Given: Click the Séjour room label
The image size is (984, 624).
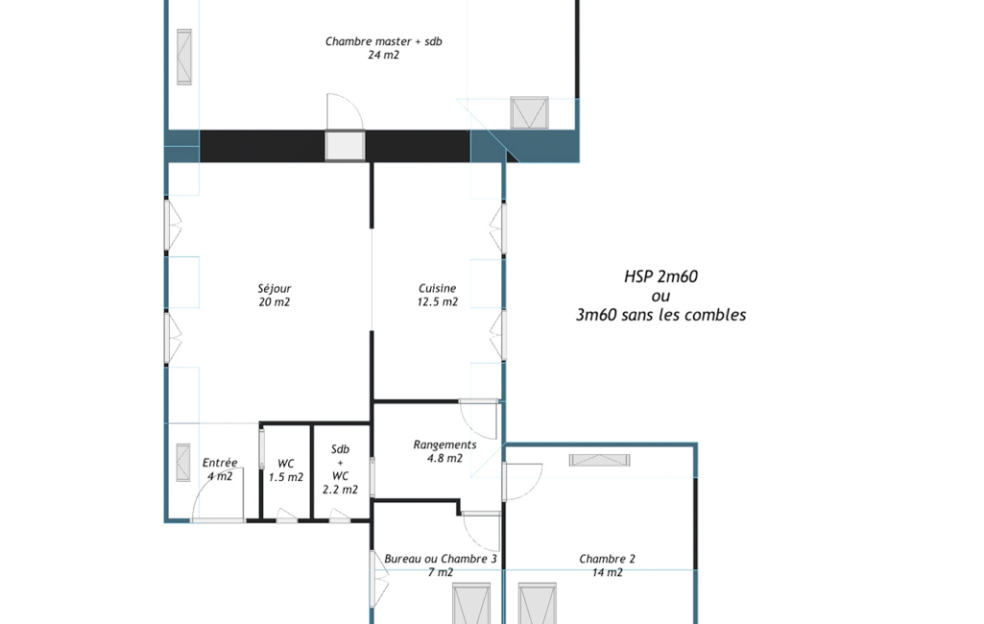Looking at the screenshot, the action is click(275, 289).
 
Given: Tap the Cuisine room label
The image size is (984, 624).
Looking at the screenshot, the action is click(438, 289).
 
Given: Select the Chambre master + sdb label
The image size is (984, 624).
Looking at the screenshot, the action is click(383, 41).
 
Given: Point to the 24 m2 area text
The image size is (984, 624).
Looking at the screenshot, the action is click(383, 56).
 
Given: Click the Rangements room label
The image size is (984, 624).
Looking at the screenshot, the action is click(444, 445).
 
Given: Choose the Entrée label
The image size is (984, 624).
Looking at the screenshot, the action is click(220, 463).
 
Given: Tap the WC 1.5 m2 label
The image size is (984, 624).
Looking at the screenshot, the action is click(285, 470).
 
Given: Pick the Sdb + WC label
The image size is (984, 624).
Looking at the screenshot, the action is click(340, 463).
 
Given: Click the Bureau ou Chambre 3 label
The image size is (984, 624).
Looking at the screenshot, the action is click(441, 559).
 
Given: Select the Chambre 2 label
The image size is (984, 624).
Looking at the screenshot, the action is click(607, 559).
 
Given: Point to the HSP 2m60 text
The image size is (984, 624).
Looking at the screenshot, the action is click(660, 276).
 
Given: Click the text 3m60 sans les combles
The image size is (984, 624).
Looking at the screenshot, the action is click(660, 315).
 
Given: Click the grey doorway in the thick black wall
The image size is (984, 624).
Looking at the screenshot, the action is click(345, 146).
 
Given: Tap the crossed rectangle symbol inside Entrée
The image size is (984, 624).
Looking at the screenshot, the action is click(183, 463).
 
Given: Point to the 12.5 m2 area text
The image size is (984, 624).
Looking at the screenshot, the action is click(438, 302).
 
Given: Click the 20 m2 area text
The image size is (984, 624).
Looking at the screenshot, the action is click(275, 302).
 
